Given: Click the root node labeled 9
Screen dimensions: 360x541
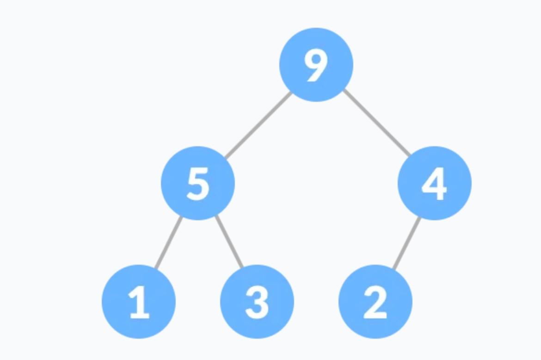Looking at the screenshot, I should click(316, 65).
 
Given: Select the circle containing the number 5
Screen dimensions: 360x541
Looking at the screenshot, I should click(198, 183).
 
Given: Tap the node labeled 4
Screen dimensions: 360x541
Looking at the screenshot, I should click(435, 183).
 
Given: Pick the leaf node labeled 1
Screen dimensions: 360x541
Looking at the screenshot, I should click(139, 302).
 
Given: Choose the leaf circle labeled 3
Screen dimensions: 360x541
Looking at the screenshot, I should click(257, 302).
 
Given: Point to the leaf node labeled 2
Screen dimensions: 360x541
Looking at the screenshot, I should click(375, 302).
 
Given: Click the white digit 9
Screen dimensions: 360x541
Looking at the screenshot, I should click(316, 66).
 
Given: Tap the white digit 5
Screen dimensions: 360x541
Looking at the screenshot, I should click(198, 184).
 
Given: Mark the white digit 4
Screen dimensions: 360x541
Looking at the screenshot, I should click(435, 184).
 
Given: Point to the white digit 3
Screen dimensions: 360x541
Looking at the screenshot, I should click(257, 303).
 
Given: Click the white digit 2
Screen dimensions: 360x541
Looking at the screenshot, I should click(375, 303).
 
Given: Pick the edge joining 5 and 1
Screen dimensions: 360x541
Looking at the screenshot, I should click(168, 242).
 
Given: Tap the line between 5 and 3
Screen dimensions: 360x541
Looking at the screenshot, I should click(229, 242).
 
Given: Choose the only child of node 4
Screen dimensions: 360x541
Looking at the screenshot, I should click(375, 302).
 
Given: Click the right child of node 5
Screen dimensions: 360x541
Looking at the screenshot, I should click(257, 302).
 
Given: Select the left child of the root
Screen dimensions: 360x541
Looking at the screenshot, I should click(198, 183).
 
